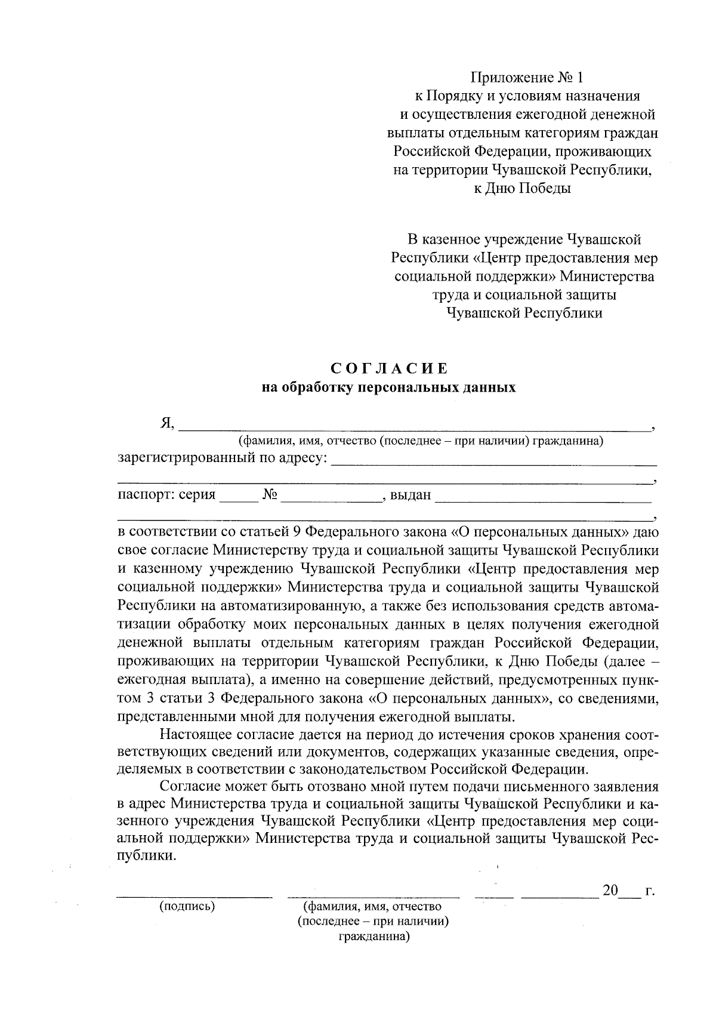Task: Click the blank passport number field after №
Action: coord(331,498)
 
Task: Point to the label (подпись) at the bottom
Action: coord(187,906)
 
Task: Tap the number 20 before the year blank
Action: coord(610,891)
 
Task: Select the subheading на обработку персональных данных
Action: coord(388,387)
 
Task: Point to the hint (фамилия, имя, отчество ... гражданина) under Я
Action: coord(421,441)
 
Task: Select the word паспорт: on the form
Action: coord(145,495)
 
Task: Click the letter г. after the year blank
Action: coord(650,891)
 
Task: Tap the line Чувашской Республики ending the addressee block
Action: coord(524,313)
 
